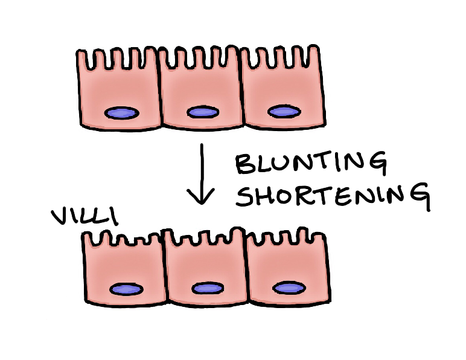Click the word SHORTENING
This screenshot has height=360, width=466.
click(332, 195)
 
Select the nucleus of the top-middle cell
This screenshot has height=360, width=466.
click(201, 112)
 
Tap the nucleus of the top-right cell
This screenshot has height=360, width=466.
click(283, 112)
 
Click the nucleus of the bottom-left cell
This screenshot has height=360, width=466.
click(126, 289)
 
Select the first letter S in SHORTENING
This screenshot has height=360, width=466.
click(244, 194)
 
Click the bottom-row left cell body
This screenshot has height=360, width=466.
click(124, 269)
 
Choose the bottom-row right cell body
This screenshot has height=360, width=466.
click(287, 269)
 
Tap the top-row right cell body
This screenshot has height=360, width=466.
click(282, 91)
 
